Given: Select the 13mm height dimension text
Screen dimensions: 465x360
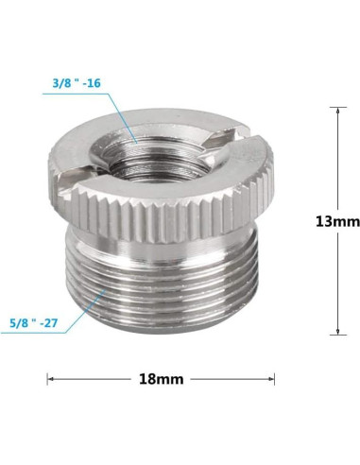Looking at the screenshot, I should pos(336,222).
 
